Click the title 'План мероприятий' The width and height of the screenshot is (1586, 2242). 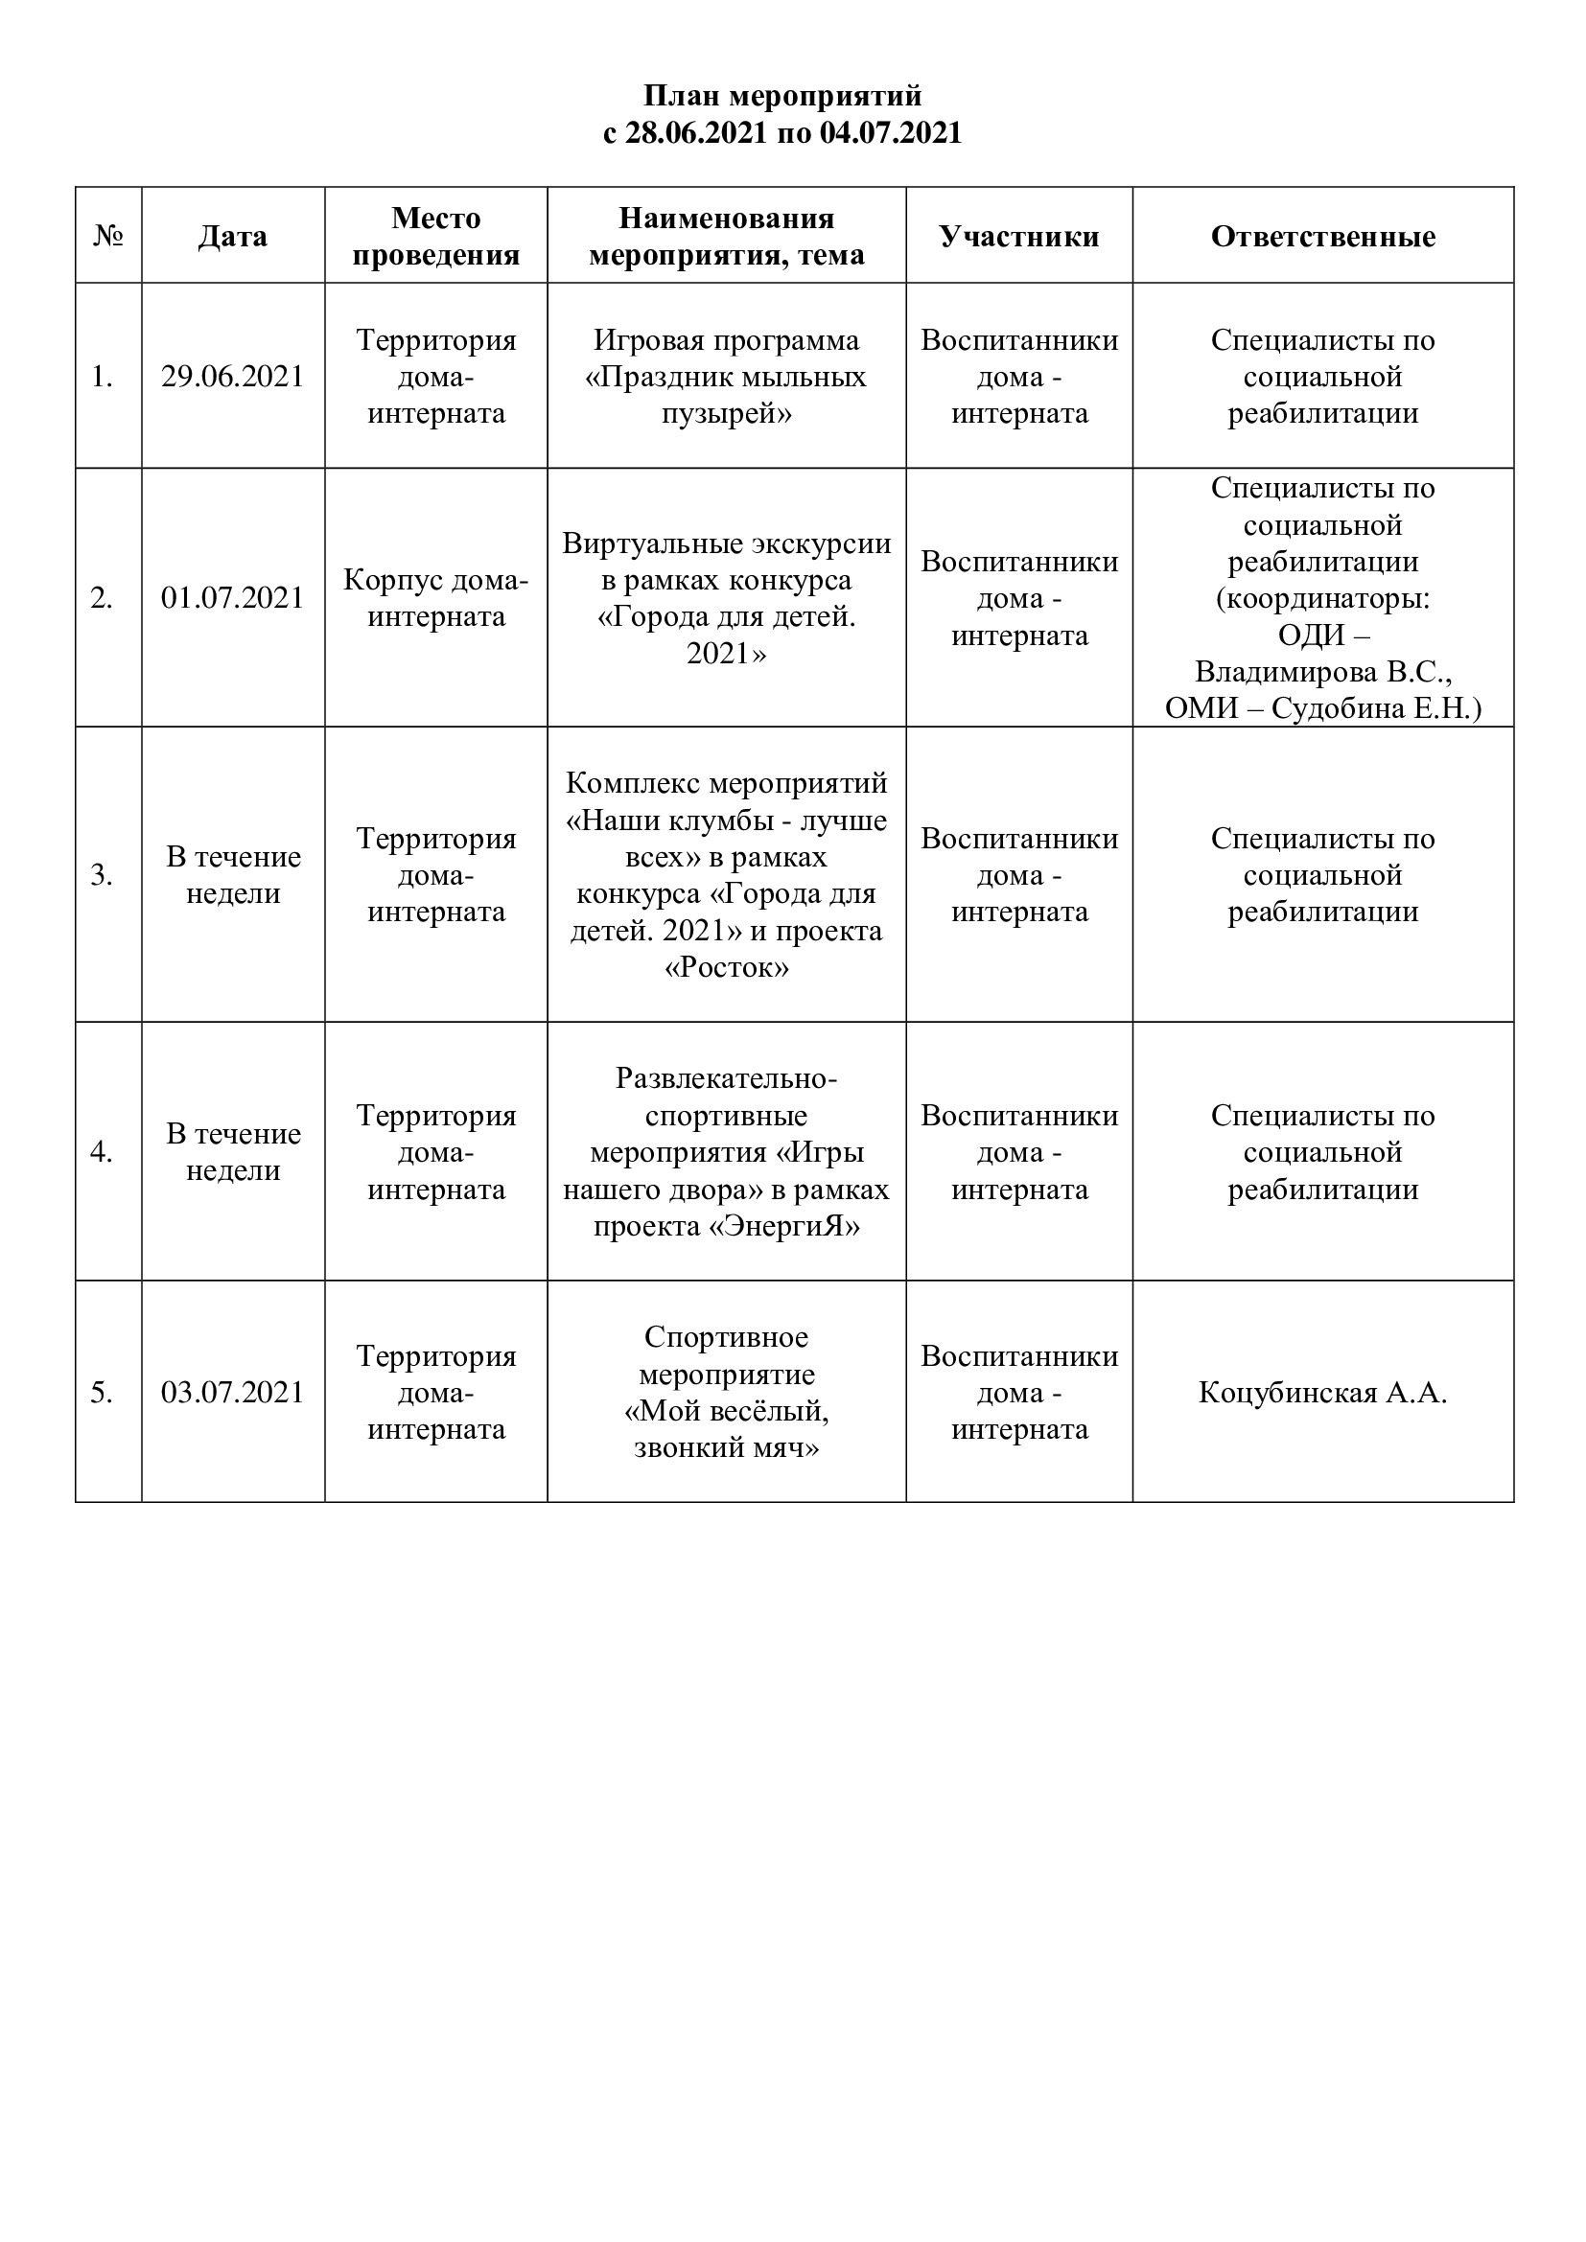point(782,96)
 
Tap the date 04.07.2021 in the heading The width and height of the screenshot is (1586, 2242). point(891,133)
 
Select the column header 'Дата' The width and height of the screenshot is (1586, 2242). point(232,237)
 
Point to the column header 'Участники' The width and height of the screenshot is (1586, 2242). point(1018,237)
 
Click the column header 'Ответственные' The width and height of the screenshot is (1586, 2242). point(1322,237)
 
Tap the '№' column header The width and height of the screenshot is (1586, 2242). point(108,237)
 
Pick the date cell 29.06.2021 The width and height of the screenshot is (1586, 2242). point(232,377)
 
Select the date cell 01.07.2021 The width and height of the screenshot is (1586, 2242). point(232,597)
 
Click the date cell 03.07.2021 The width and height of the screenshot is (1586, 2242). point(232,1393)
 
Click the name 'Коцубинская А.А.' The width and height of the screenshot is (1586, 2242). point(1322,1393)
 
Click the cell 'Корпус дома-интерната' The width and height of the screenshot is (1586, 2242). point(435,597)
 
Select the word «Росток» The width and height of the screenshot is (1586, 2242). point(726,968)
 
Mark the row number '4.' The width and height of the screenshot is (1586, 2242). point(103,1152)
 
